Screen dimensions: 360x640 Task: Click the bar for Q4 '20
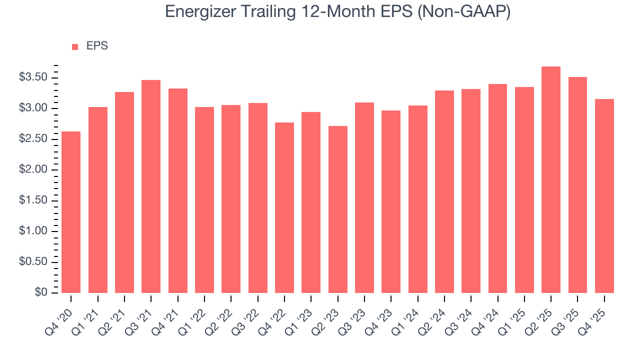(x=71, y=212)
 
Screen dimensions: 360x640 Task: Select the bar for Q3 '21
(x=151, y=186)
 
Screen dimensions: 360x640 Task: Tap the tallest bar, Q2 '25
(x=551, y=179)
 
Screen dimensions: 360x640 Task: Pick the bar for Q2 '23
(x=337, y=209)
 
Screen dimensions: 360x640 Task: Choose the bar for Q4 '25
(x=604, y=196)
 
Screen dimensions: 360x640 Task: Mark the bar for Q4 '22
(x=284, y=207)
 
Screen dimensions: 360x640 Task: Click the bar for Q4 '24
(x=497, y=188)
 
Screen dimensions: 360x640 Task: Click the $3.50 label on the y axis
(x=33, y=77)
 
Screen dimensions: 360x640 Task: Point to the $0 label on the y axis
(x=41, y=293)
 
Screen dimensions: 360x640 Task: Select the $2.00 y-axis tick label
(x=33, y=170)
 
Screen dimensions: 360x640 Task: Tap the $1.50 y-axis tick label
(x=33, y=200)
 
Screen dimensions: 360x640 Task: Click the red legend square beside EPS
(x=75, y=47)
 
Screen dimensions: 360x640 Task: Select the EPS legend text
(x=97, y=46)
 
